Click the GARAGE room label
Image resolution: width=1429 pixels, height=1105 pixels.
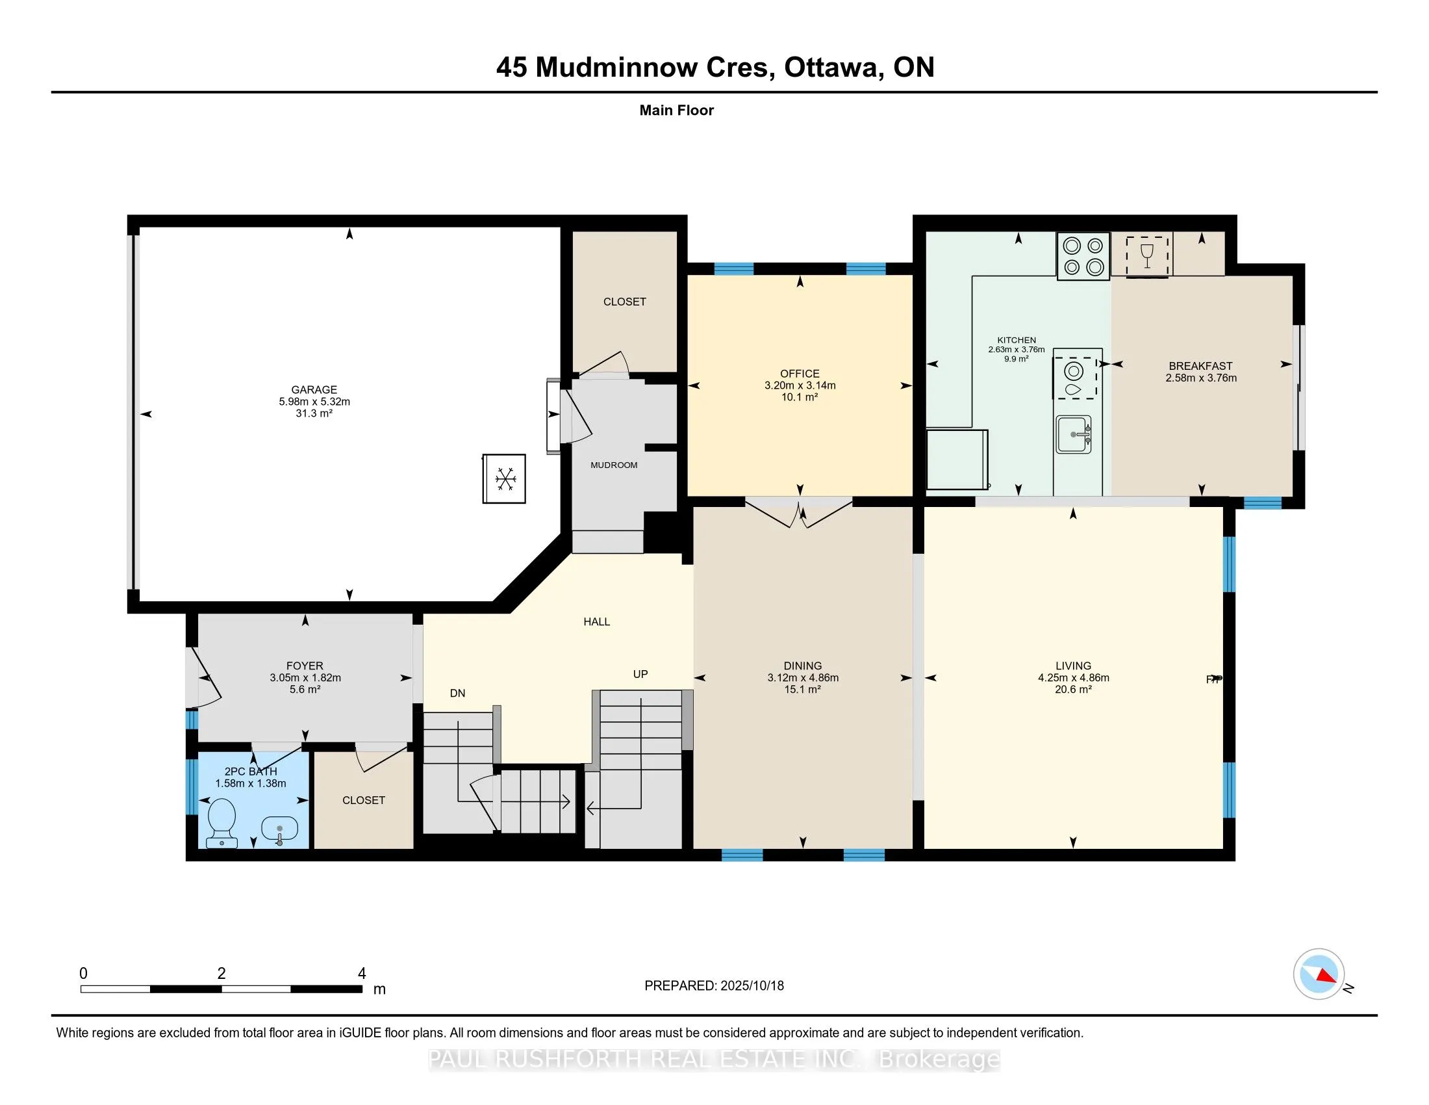[x=314, y=389]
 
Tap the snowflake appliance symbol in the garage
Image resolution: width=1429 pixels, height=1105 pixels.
[x=505, y=478]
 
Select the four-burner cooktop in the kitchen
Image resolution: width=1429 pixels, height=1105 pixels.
[x=1083, y=256]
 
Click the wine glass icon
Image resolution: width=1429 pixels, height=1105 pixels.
[x=1147, y=256]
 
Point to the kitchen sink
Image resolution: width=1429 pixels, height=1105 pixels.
[x=1073, y=434]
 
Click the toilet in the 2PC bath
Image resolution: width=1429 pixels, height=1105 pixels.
[x=221, y=822]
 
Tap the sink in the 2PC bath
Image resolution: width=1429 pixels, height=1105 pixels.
[x=280, y=830]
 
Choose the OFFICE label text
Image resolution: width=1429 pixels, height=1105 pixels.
[x=800, y=374]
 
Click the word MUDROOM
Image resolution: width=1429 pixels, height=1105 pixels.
[x=614, y=465]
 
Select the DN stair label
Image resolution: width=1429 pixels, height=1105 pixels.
[x=457, y=694]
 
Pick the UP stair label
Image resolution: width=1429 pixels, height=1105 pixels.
[x=640, y=674]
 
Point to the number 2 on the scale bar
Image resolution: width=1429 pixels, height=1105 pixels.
[x=221, y=974]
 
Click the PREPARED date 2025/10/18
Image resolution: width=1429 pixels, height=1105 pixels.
[x=752, y=986]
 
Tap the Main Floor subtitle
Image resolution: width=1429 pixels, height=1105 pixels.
[x=677, y=110]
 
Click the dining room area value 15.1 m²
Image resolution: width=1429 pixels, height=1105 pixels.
[x=803, y=689]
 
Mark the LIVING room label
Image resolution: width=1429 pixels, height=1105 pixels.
[x=1073, y=666]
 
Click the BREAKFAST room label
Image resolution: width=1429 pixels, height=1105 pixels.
[x=1200, y=366]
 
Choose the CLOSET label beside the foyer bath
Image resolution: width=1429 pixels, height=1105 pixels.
[x=364, y=800]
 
